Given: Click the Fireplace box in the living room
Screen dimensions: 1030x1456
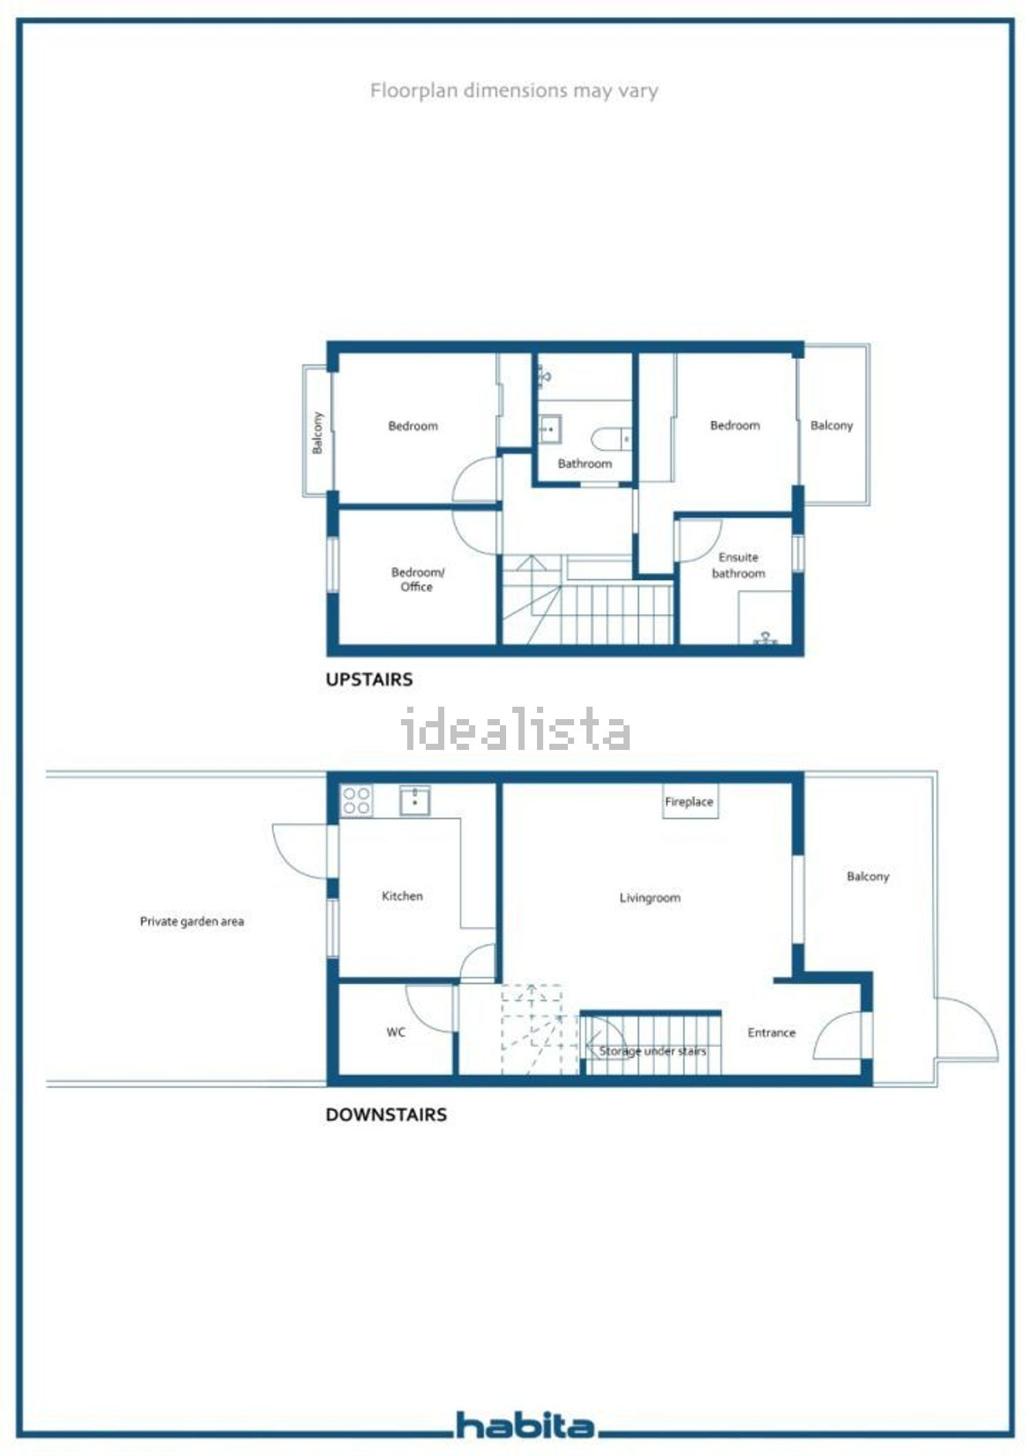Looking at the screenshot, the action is coord(690,801).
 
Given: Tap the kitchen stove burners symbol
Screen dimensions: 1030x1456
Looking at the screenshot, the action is coord(357,801).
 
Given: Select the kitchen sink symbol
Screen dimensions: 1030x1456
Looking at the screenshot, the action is coord(415,801).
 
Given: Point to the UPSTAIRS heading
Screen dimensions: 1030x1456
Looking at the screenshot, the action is coord(369,679).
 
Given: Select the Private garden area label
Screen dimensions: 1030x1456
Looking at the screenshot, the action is coord(192,921).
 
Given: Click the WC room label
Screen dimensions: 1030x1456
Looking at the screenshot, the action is coord(396,1032).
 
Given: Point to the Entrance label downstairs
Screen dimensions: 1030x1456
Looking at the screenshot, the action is coord(771,1033).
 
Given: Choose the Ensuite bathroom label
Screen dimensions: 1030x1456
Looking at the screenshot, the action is coord(738,565).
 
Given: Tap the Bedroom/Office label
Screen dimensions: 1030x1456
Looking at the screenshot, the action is coord(417,579).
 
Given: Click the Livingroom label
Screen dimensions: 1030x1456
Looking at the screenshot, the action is coord(650,897).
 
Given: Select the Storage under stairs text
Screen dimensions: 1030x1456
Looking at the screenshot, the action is coord(652,1051).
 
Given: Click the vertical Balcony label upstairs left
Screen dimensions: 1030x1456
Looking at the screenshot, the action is coord(317,433).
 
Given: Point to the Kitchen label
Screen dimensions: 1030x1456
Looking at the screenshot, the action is coord(402,896).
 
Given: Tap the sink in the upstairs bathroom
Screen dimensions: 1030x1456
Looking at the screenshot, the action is coord(550,429).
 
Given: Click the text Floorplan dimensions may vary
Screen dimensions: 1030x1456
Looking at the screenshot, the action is coord(514,91).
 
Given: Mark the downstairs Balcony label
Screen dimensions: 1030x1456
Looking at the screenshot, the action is coord(868,877).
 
